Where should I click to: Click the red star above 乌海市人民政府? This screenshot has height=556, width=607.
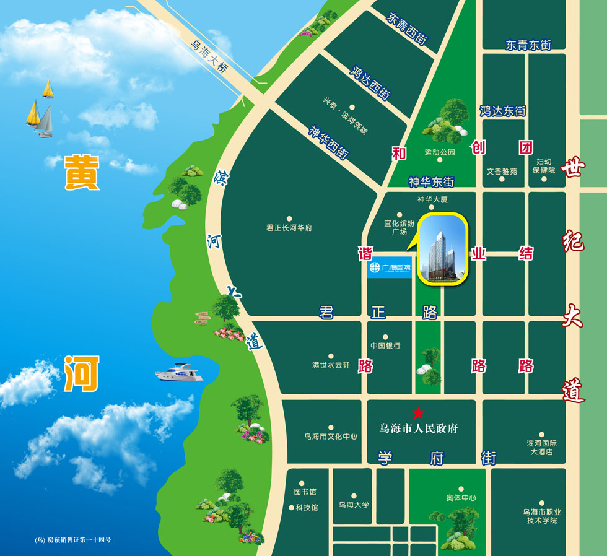419,412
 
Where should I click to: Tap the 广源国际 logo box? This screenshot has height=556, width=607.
389,267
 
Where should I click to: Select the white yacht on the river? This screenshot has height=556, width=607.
179,374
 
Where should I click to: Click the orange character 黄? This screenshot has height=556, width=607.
81,173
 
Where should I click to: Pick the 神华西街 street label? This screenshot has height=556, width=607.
328,142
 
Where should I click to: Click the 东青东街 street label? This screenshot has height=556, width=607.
528,45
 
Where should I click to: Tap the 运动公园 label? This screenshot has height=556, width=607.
440,152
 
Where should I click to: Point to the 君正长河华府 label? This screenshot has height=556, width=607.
289,228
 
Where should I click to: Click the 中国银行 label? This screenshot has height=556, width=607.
385,345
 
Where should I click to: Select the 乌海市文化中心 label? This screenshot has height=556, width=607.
331,437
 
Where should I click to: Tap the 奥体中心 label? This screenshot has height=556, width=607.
461,498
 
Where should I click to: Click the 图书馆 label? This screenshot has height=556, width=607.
305,492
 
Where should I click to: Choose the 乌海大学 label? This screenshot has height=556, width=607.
354,505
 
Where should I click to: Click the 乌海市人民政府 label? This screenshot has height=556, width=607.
419,428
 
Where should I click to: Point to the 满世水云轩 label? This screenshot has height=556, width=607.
331,365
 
